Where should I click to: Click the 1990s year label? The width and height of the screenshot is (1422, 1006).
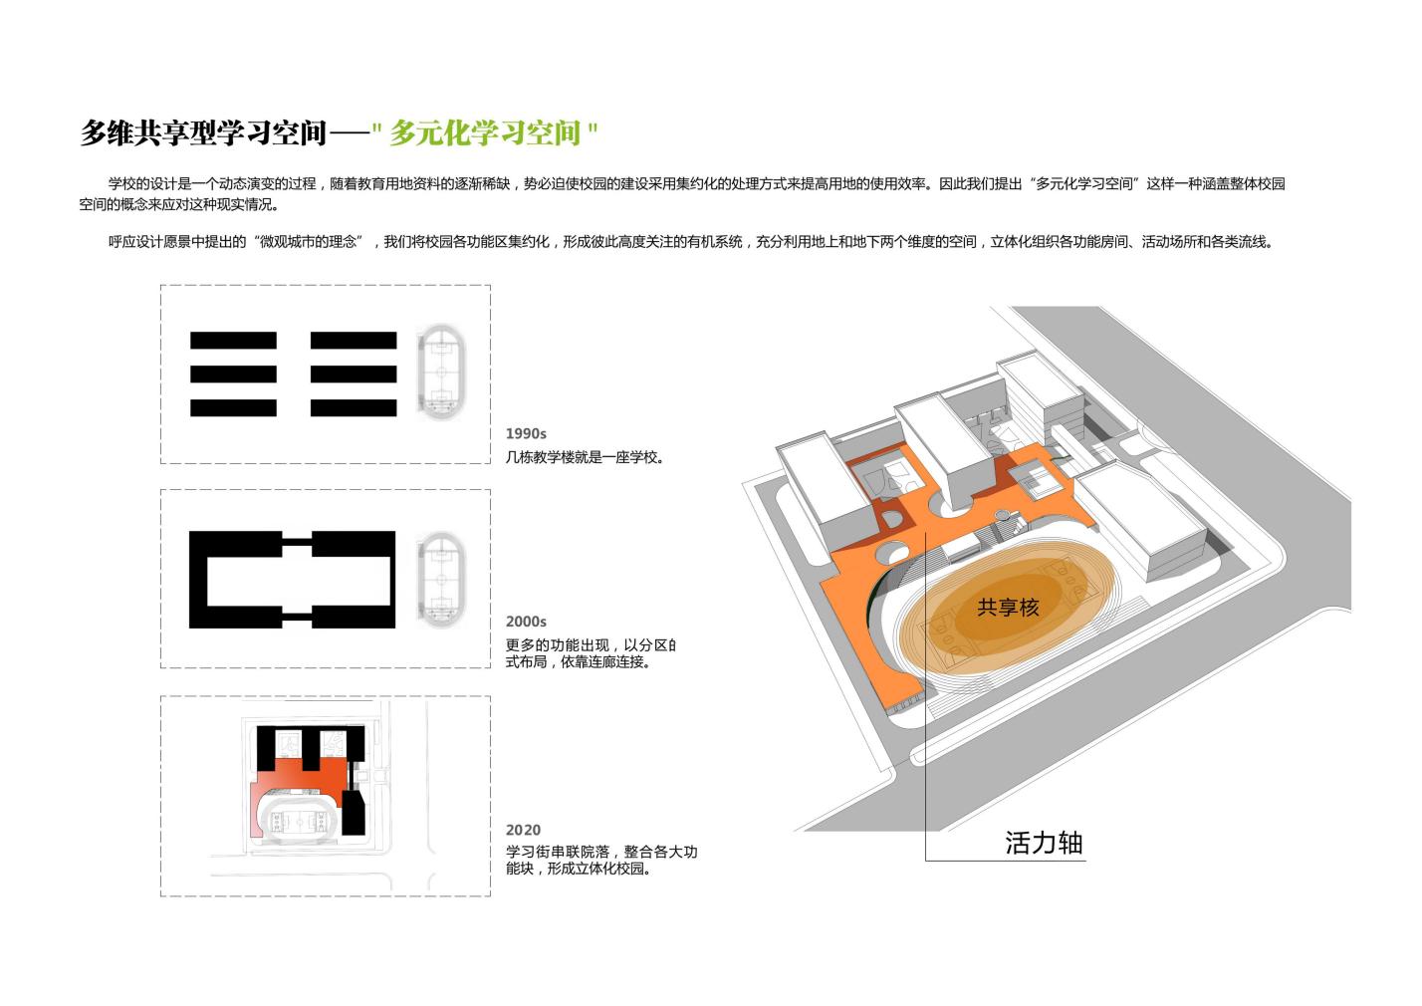coord(526,434)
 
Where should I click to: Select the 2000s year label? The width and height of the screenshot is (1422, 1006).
coord(526,623)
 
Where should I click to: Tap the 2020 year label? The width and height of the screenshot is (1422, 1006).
coord(523,830)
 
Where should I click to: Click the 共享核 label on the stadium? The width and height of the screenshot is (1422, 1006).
coord(1008,608)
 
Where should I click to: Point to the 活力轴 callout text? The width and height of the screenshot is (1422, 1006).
coord(1044,844)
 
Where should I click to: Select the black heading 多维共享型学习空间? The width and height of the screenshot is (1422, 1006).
coord(203,132)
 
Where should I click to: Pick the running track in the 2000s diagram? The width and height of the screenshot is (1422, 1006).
coord(439,579)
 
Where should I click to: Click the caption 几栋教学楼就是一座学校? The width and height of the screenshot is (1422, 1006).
coord(585,458)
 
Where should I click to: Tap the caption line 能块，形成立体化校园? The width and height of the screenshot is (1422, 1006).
coord(579,869)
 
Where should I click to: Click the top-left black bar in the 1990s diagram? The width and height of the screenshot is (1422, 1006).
coord(233,341)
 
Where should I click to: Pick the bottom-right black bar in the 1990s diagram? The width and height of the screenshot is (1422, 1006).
coord(354,407)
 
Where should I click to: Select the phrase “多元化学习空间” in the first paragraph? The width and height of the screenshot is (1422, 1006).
coord(1085,184)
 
